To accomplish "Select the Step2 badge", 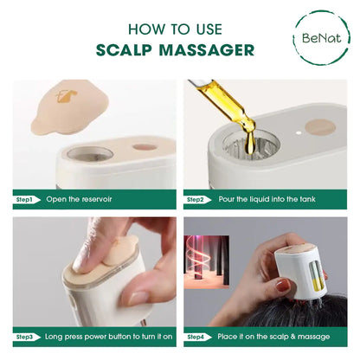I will click(x=196, y=200).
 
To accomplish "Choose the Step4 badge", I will click(x=196, y=336).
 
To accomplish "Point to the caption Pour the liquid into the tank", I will click(x=265, y=200).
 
